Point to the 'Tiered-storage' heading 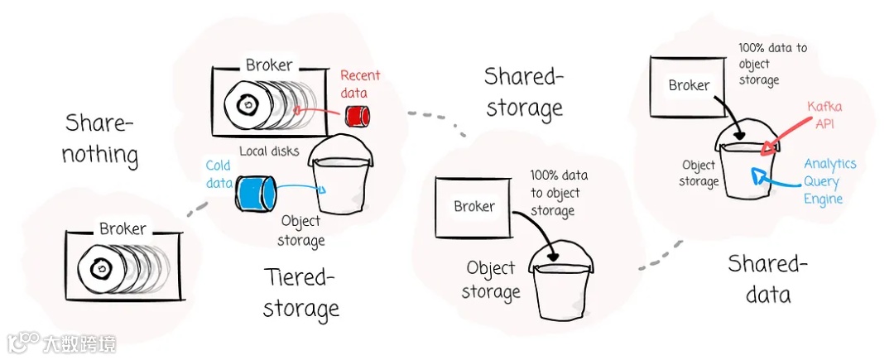[x=300, y=291]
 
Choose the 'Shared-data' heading [x=767, y=278]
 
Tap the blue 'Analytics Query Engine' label [x=829, y=182]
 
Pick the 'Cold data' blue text [x=219, y=174]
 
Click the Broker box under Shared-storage [x=474, y=207]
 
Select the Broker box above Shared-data [x=689, y=85]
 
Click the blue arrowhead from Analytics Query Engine [x=758, y=175]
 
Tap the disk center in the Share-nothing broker [x=102, y=268]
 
